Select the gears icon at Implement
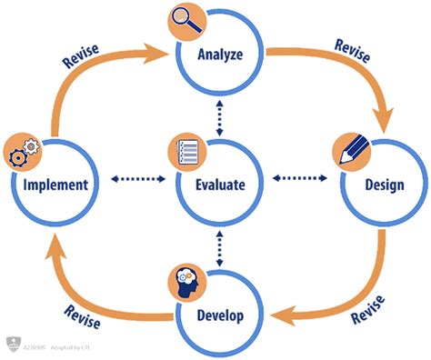[x=22, y=151]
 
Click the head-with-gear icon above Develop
[x=185, y=284]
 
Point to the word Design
[x=385, y=185]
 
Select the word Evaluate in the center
[x=221, y=185]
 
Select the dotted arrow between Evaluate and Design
[x=301, y=177]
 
